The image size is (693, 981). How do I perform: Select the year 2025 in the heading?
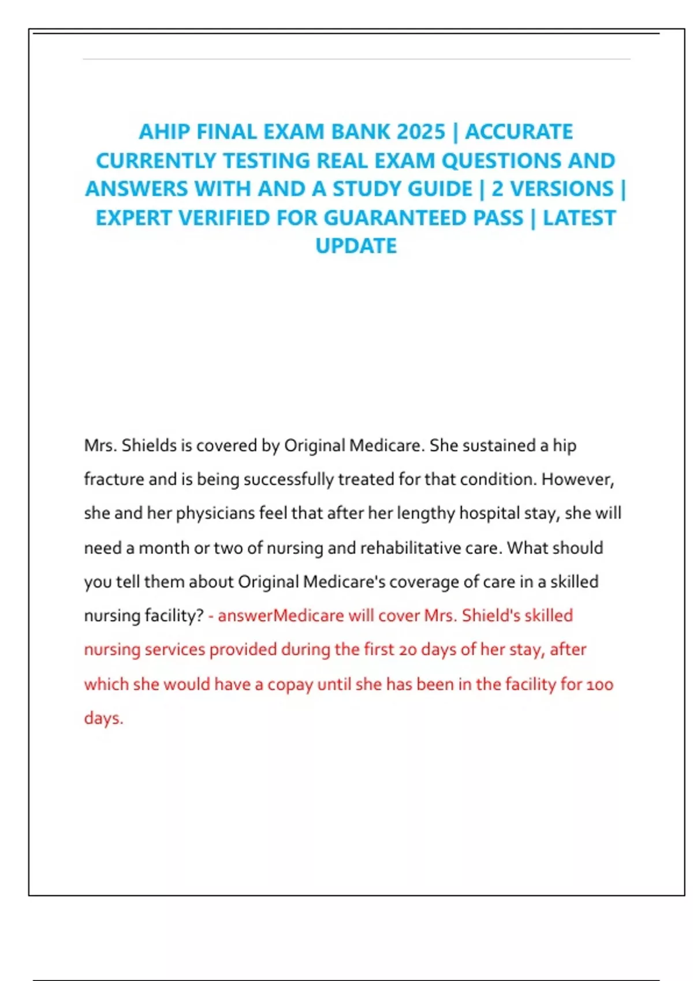(x=421, y=132)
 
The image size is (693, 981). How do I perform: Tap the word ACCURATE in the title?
(x=519, y=132)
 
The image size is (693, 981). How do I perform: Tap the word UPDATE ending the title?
(x=356, y=246)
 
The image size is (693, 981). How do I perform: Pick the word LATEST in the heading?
(x=579, y=218)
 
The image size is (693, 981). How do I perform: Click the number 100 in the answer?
(x=600, y=685)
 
